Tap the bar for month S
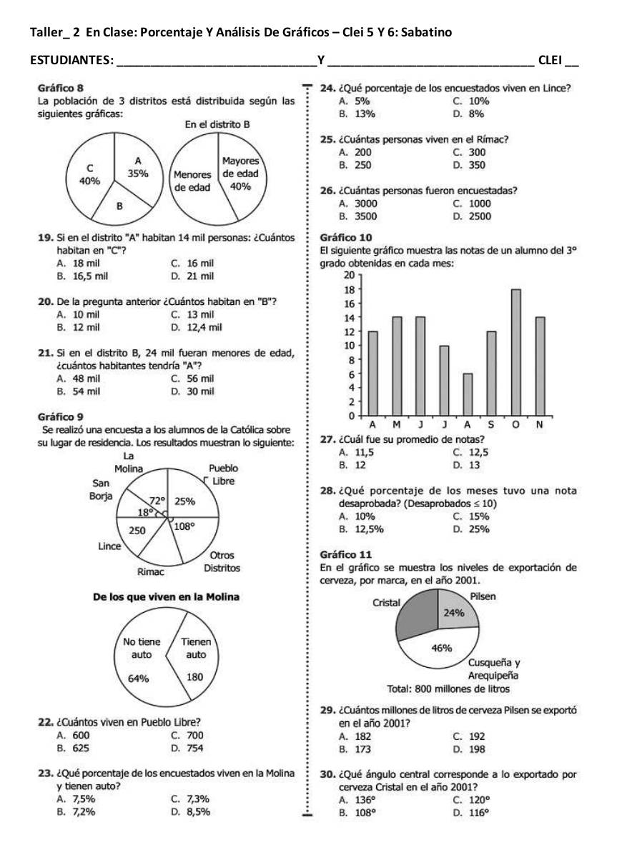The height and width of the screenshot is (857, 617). tap(491, 373)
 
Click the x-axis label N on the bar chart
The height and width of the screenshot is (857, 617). tap(540, 425)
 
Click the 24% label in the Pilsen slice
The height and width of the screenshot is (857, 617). tap(454, 613)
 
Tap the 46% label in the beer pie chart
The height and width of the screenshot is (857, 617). tap(442, 648)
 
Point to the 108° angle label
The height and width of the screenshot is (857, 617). tap(185, 525)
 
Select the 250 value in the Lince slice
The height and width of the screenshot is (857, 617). tap(137, 531)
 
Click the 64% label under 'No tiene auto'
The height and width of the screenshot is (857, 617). tap(137, 678)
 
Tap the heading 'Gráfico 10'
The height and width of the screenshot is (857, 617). tap(346, 236)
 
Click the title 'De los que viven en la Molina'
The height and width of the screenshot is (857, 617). tap(167, 596)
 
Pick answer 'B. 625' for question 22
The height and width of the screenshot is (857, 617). tap(73, 748)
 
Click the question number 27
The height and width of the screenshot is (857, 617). tap(327, 439)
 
